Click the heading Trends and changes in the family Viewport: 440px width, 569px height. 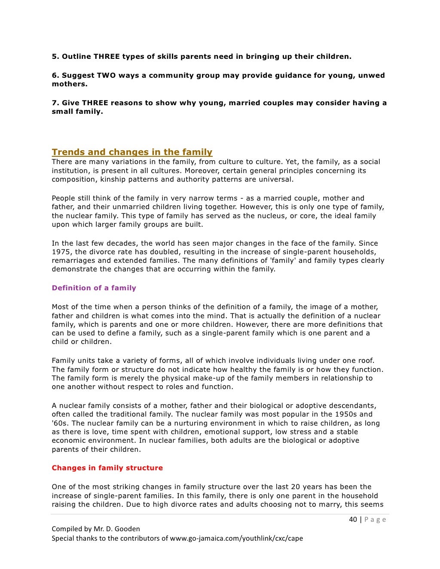tap(132, 152)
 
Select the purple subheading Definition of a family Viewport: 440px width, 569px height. tap(94, 288)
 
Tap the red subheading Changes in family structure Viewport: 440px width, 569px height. tap(107, 468)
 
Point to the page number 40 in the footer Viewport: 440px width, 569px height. tap(353, 520)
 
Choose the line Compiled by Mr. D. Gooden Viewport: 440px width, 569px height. tap(95, 529)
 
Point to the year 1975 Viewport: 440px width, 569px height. tap(61, 252)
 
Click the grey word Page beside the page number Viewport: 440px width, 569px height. tap(375, 520)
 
